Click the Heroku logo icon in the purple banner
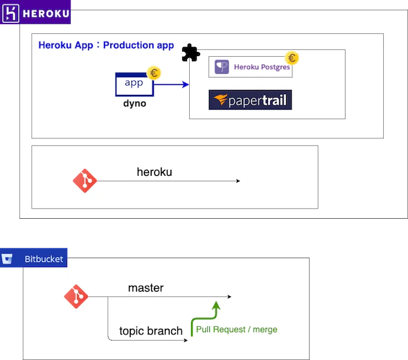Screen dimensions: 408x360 point(10,14)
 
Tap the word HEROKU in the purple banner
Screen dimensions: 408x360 point(46,14)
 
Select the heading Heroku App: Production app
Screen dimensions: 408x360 point(106,45)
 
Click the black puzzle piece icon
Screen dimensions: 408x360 point(190,53)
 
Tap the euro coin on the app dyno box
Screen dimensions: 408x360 point(154,73)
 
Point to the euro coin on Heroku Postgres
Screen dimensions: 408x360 point(292,57)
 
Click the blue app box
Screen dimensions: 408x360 point(134,84)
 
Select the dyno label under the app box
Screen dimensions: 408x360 point(134,103)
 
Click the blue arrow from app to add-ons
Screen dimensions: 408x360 point(171,84)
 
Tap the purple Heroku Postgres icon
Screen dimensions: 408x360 point(222,67)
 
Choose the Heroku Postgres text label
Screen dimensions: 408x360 point(262,67)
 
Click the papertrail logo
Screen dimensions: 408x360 point(250,100)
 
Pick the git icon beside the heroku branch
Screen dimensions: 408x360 point(85,181)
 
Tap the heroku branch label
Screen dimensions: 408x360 point(154,172)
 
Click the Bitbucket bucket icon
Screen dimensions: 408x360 point(7,258)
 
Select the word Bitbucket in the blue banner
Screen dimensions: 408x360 point(44,259)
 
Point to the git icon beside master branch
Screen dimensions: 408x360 point(76,296)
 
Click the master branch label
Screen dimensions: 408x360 point(145,288)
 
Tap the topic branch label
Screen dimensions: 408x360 point(151,331)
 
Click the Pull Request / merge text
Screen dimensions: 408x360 point(236,330)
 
